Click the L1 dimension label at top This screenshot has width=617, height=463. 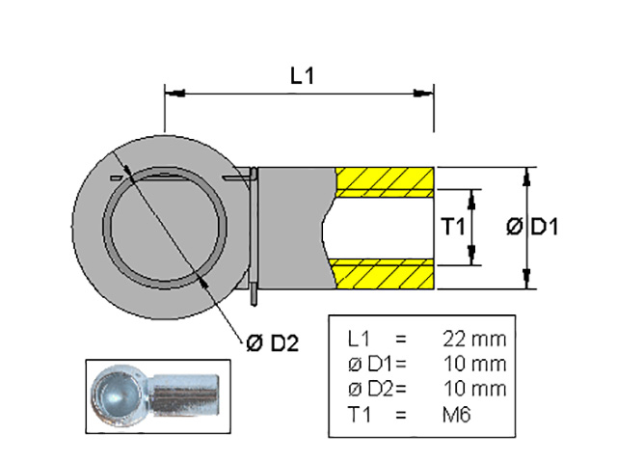302,77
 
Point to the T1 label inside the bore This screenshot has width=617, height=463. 453,228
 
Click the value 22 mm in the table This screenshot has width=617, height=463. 473,340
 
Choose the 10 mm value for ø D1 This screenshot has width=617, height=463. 473,365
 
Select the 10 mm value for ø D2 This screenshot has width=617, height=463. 473,390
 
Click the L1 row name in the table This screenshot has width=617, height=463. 358,340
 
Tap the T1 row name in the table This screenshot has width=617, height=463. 358,415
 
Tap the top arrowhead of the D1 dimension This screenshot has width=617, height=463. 527,174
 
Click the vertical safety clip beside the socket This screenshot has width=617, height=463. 253,231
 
